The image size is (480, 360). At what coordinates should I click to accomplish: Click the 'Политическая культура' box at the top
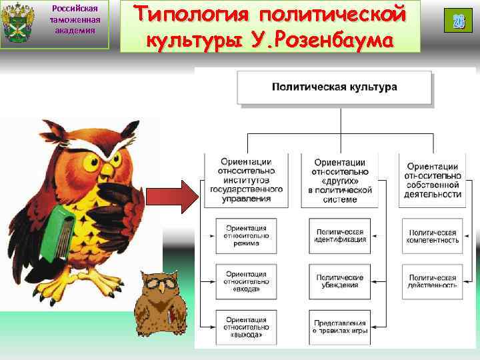[x=334, y=87]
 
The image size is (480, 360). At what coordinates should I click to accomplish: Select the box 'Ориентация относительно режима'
[x=246, y=235]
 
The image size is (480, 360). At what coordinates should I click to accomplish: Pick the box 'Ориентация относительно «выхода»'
[x=246, y=326]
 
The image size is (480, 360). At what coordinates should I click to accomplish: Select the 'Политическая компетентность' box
[x=433, y=235]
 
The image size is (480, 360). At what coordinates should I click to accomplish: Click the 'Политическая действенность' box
[x=433, y=280]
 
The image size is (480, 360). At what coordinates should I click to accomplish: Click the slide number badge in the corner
[x=458, y=21]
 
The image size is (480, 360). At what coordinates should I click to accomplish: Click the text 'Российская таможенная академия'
[x=74, y=19]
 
